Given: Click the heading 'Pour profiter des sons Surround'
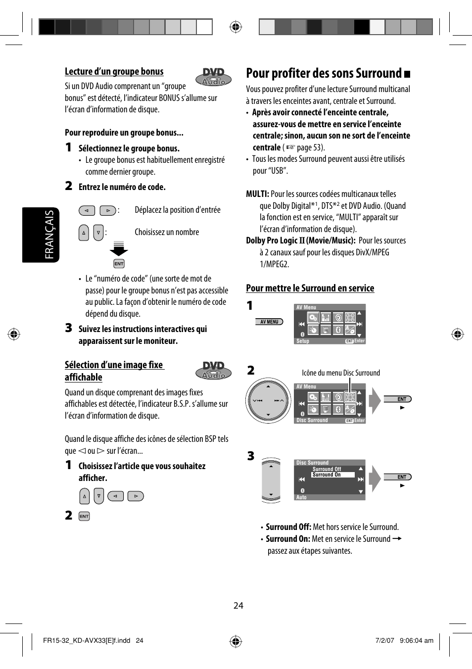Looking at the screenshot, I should coord(324,74).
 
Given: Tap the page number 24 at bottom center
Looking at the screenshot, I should coord(238,606).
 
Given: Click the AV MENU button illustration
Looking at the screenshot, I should coord(270,322).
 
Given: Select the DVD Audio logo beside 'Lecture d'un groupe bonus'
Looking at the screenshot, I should coord(214,77).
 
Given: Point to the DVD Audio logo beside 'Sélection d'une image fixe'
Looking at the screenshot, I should coord(214,370).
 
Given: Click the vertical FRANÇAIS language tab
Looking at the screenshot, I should coord(49,235).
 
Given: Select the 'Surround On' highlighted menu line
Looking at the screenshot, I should coord(332,475).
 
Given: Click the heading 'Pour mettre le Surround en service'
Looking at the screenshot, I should coord(310,288).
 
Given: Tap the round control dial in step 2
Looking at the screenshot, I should coord(268,401).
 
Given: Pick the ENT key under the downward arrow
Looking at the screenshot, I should coord(119,264).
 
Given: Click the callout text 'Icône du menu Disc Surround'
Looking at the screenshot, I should coord(341,373).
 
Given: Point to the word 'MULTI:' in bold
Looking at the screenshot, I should coord(257,194).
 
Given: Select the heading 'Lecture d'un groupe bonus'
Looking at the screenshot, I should coord(114,71).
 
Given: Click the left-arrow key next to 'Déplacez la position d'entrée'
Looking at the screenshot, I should coord(87,210).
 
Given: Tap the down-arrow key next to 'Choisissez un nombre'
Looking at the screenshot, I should coord(98,233).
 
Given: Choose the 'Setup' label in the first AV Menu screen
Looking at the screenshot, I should coord(303,341).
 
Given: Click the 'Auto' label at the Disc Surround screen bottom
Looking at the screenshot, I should coord(301,497).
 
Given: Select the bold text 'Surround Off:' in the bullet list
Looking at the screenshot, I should coord(288,527).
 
